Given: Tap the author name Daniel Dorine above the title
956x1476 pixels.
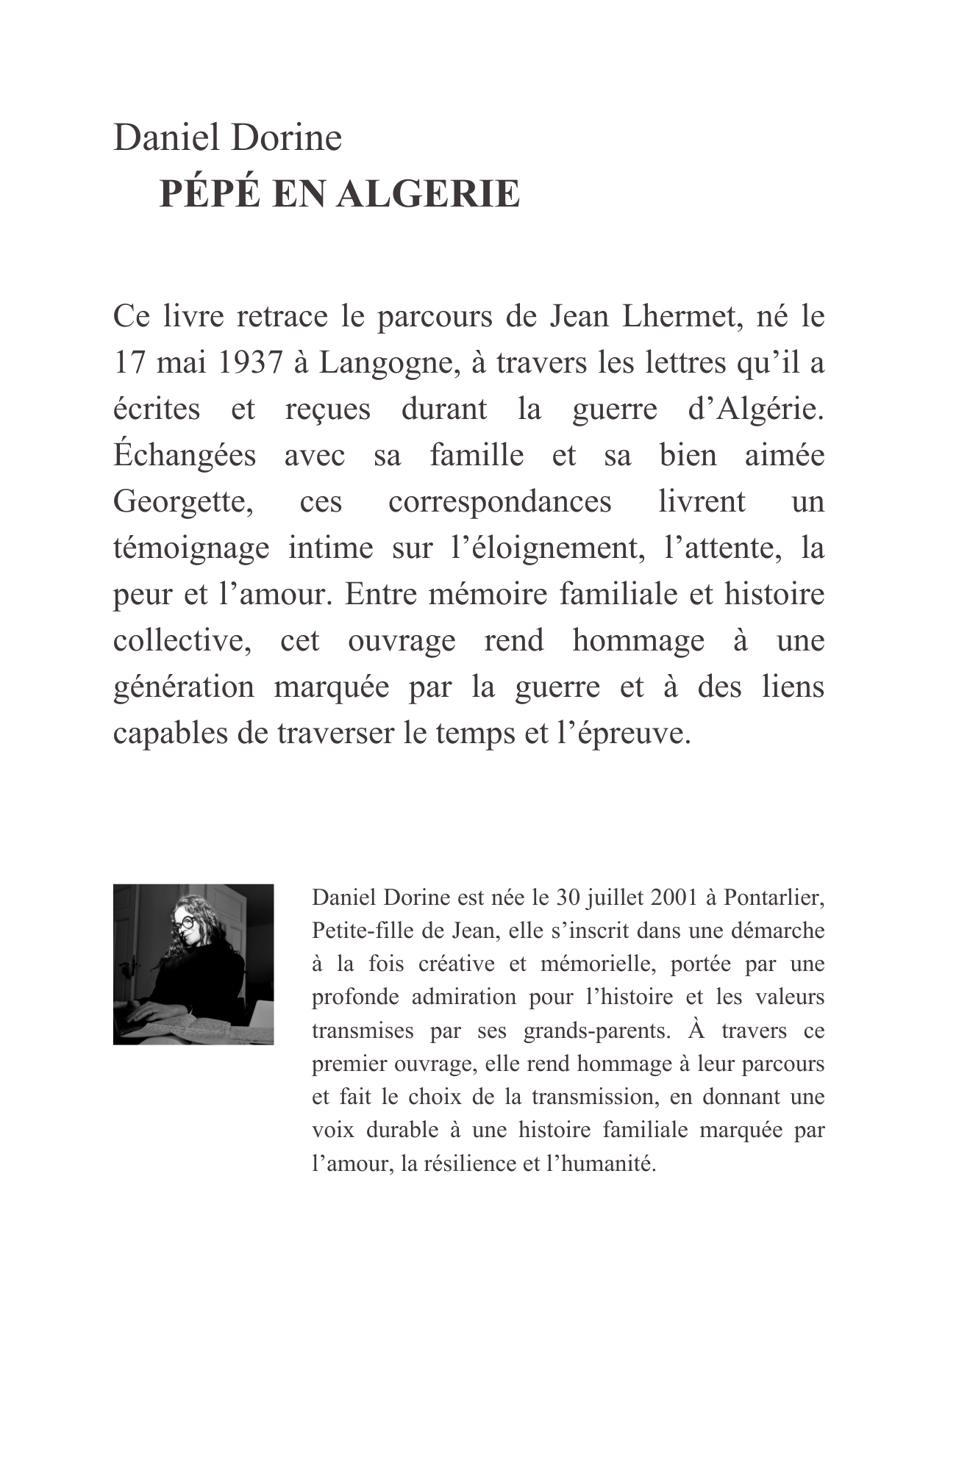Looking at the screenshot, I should pyautogui.click(x=227, y=138).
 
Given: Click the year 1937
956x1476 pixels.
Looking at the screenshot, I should pyautogui.click(x=249, y=363).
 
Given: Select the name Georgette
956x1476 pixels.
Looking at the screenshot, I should pyautogui.click(x=183, y=502).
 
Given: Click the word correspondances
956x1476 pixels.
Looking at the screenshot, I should pyautogui.click(x=499, y=502).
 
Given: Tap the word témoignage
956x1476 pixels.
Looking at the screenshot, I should pyautogui.click(x=191, y=548).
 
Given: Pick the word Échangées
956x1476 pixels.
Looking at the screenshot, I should pyautogui.click(x=184, y=456).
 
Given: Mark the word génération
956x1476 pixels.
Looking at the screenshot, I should pyautogui.click(x=183, y=687).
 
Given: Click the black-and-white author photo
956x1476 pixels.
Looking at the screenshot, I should pyautogui.click(x=193, y=964).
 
